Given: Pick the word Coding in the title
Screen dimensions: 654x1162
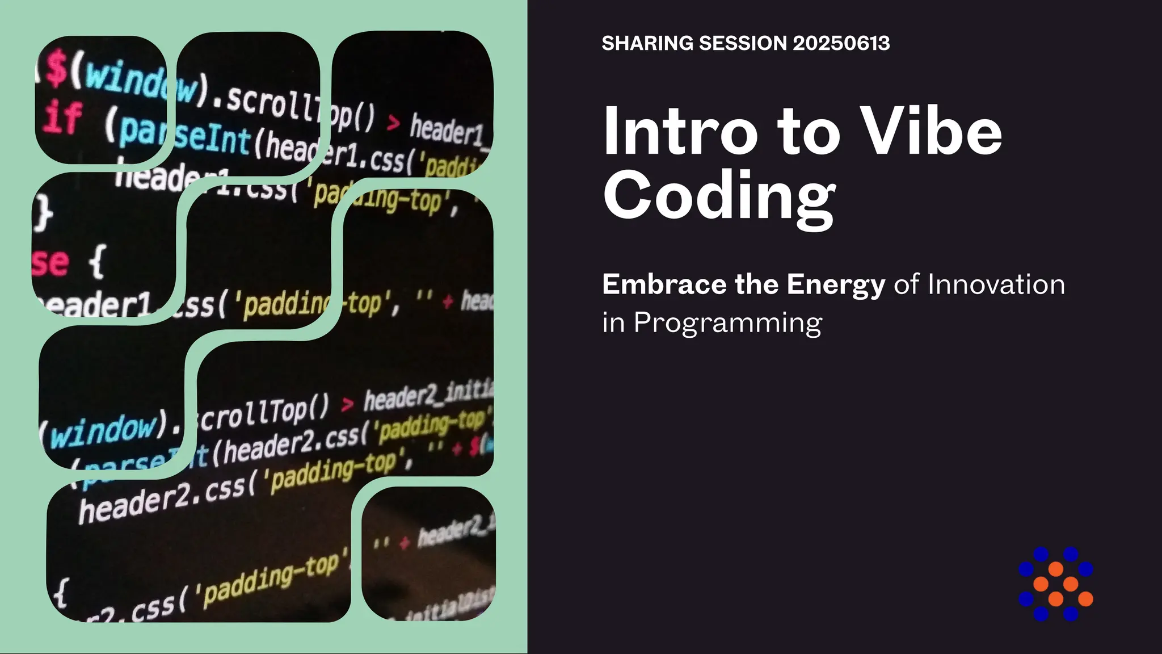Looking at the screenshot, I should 719,196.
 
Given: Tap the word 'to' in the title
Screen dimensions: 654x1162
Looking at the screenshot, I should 809,134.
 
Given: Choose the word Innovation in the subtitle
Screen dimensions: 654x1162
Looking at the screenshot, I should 996,284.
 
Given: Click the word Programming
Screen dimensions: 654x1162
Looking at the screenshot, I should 727,324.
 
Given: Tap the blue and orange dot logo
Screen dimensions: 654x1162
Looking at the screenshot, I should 1055,584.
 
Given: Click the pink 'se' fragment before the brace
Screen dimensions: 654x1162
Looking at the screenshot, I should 50,262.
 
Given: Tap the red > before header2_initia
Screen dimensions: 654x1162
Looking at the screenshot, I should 347,404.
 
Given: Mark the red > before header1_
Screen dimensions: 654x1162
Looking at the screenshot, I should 393,121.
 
